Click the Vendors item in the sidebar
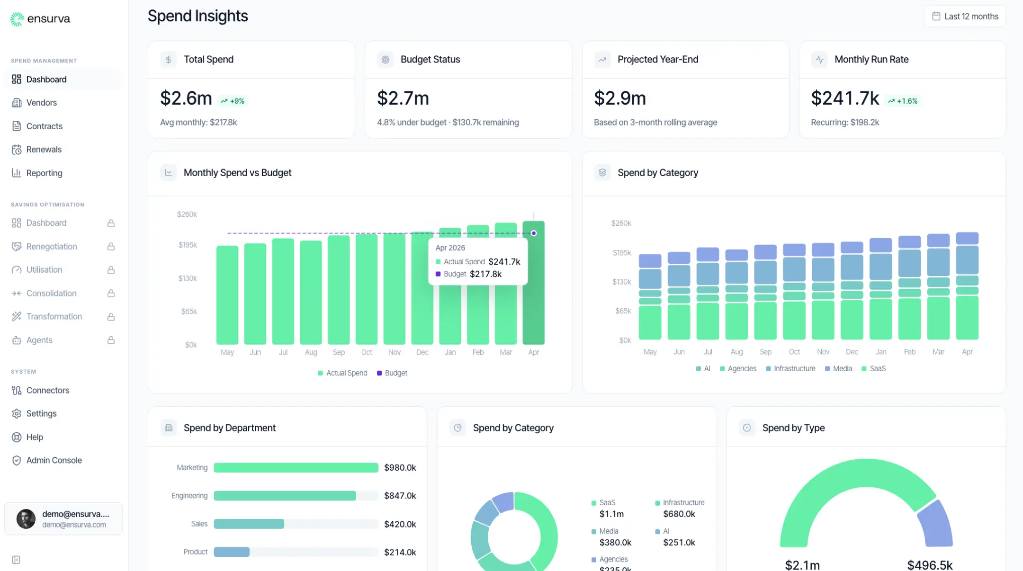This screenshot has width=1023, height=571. tap(41, 103)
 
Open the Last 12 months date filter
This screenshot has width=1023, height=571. tap(965, 16)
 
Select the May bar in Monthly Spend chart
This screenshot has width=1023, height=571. tap(227, 294)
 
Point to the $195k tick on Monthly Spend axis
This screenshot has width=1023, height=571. tap(188, 245)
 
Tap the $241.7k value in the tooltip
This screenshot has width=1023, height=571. tap(504, 261)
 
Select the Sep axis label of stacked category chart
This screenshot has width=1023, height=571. tap(765, 352)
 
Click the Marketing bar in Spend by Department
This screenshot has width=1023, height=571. tap(296, 468)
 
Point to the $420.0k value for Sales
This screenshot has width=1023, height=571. tap(400, 524)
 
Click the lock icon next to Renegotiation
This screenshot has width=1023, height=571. tap(111, 247)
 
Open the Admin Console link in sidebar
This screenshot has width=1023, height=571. tap(54, 460)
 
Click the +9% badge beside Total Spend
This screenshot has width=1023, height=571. tap(233, 101)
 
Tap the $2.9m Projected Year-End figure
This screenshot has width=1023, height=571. tap(619, 98)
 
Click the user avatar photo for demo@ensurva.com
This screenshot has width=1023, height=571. tap(26, 519)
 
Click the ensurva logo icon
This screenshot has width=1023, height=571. tap(17, 19)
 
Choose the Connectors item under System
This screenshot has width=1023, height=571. tap(47, 390)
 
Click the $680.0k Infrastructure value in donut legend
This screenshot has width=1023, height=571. tap(679, 514)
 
